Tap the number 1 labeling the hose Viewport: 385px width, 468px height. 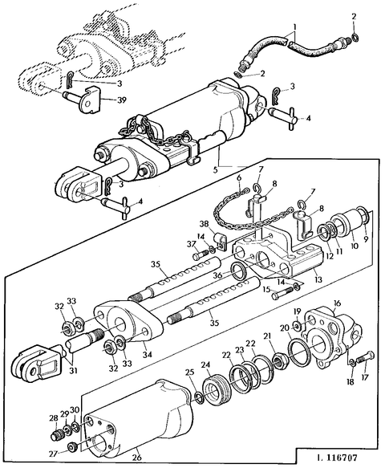294,26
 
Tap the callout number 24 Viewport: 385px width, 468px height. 207,366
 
